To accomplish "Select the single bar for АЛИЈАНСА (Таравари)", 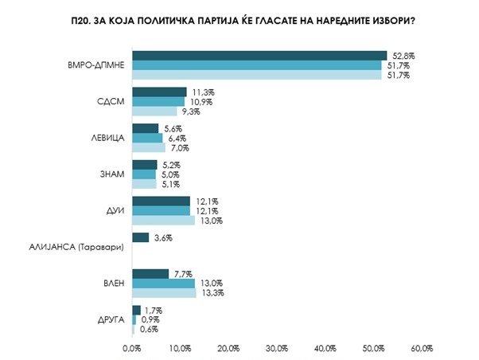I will point(140,237).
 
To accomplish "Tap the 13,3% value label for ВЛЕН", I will point(211,293).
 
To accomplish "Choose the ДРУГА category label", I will point(111,320).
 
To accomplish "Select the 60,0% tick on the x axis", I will point(422,348).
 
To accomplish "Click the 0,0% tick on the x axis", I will point(131,348).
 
